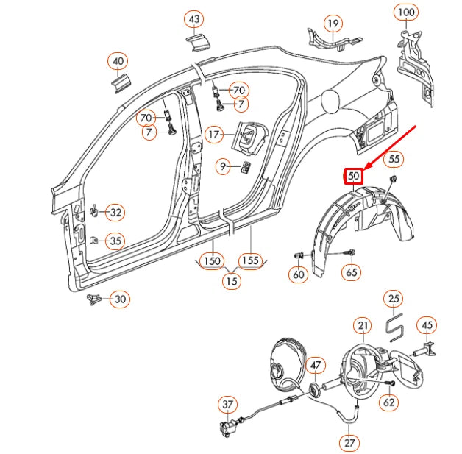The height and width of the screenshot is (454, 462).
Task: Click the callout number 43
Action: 193,18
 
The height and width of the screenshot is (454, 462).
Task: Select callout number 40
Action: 118,61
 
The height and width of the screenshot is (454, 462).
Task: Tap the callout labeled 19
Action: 333,24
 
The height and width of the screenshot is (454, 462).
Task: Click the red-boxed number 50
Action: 354,177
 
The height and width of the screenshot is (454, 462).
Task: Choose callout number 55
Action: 394,158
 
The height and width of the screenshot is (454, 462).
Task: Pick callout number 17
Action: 213,135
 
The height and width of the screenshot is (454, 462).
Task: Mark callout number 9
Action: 222,166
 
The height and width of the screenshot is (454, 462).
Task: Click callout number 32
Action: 115,213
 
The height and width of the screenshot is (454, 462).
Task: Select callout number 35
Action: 115,240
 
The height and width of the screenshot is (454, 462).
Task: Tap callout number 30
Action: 119,299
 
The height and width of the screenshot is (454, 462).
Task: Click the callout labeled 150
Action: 213,261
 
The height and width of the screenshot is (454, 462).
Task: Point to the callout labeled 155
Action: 252,261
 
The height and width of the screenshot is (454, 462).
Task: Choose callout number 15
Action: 232,280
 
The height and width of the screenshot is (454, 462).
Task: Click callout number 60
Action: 298,274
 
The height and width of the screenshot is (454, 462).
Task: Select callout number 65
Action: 352,272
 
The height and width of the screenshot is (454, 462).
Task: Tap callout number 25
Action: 394,299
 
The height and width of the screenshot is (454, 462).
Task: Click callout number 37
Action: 228,405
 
